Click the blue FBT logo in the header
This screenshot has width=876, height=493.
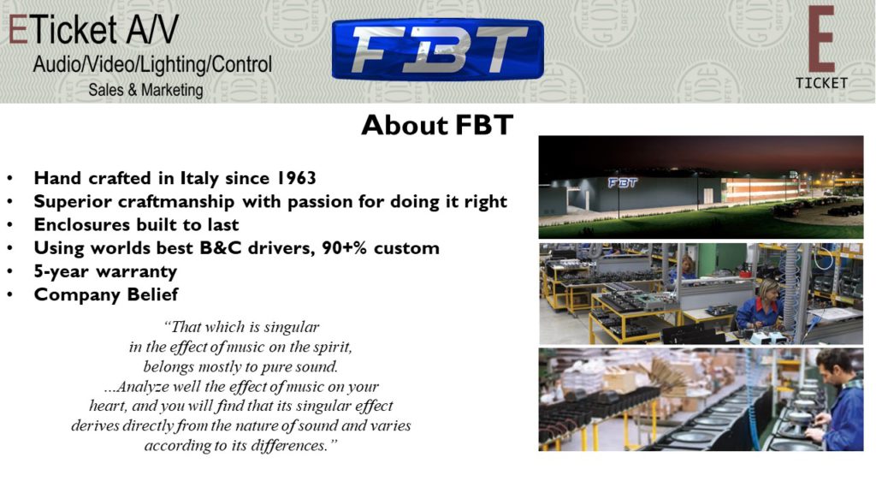click(437, 49)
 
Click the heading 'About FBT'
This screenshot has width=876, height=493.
click(437, 125)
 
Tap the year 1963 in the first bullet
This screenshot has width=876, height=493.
click(296, 178)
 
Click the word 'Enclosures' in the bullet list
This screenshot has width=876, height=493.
click(78, 225)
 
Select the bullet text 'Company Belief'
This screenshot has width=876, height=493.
click(106, 294)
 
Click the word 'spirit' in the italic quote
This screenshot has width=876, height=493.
click(332, 347)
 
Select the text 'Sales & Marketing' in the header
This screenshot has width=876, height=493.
click(145, 90)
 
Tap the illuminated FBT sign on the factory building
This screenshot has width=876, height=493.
click(623, 183)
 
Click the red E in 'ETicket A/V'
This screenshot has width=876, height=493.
click(18, 30)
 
